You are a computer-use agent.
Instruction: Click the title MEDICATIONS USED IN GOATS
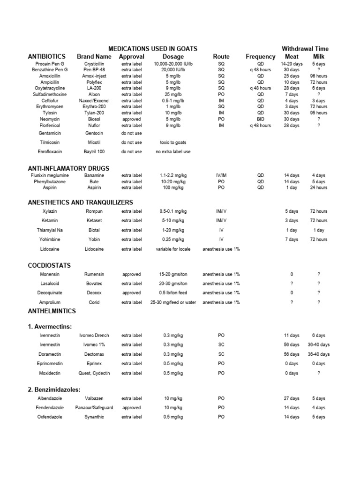coord(152,49)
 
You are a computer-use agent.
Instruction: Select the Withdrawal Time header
coord(305,49)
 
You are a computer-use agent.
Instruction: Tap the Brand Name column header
coord(94,57)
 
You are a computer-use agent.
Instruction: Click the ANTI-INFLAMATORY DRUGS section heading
coord(68,168)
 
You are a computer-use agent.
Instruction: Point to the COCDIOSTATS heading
coord(49,265)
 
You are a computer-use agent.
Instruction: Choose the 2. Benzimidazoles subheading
coord(55,390)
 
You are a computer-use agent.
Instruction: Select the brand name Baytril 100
coord(94,152)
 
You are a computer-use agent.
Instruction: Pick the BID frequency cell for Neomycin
coord(261,119)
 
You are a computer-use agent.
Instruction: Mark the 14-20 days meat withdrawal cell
coord(292,64)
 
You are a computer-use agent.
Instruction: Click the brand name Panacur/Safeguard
coord(94,408)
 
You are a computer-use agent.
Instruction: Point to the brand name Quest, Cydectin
coord(94,373)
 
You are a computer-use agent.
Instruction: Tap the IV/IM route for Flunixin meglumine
coord(221,175)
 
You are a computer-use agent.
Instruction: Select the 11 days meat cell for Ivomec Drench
coord(292,336)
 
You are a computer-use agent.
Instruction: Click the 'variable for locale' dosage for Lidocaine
coord(173,249)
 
